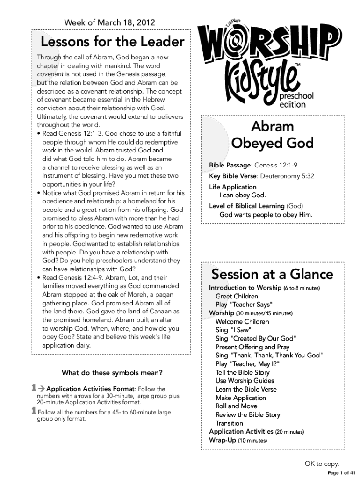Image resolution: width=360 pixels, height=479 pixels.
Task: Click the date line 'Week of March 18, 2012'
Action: tap(110, 22)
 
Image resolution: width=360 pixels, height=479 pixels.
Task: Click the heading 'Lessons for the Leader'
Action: tap(113, 43)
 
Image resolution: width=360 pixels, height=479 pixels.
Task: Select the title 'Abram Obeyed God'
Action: tap(272, 134)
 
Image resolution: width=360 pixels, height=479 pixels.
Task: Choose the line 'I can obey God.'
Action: tap(243, 195)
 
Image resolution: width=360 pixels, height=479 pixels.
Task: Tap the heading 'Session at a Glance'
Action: tap(272, 274)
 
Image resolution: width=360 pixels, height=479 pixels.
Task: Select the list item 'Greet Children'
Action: tap(237, 296)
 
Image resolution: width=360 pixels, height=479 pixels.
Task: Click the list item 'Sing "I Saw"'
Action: tap(232, 330)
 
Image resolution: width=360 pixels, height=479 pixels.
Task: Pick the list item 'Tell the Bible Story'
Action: tap(243, 372)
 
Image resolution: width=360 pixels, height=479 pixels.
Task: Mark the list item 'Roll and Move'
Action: tap(236, 406)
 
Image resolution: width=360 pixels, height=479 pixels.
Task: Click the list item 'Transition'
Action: tap(230, 423)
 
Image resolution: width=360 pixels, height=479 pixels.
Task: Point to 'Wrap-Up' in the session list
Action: tap(222, 440)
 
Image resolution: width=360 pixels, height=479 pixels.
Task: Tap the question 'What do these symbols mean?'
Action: tap(112, 373)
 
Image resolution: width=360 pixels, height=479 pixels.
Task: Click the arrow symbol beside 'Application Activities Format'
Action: tap(42, 388)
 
